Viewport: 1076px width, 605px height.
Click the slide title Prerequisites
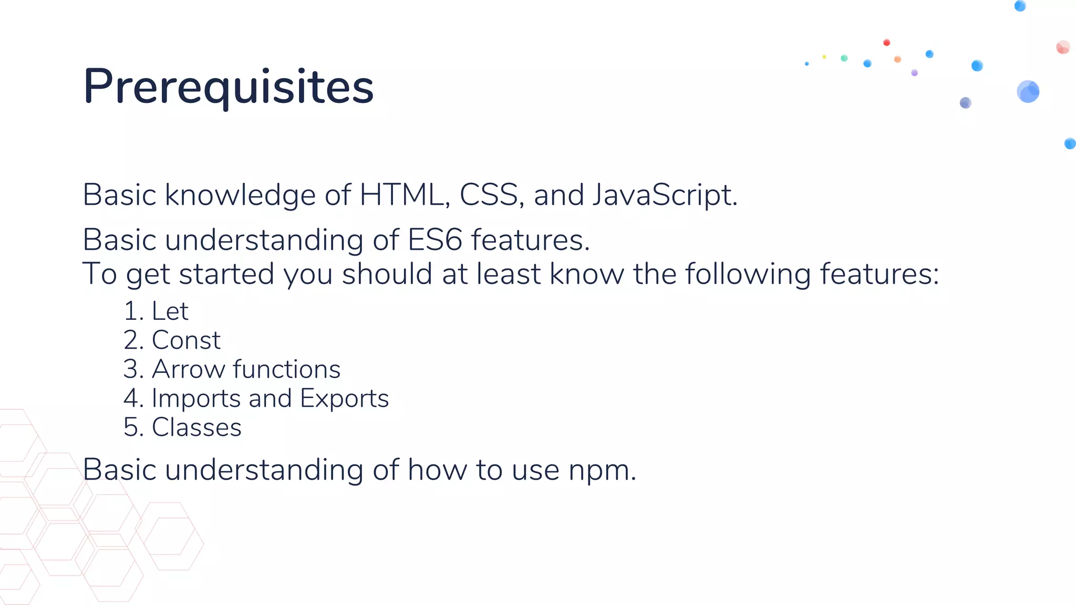pyautogui.click(x=228, y=87)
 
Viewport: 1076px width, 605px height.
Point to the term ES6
pyautogui.click(x=434, y=240)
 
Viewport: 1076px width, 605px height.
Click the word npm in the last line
pyautogui.click(x=601, y=470)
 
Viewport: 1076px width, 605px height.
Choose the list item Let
pyautogui.click(x=170, y=311)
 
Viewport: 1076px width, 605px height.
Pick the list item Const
pyautogui.click(x=186, y=340)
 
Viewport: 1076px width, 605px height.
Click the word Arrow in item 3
pyautogui.click(x=188, y=369)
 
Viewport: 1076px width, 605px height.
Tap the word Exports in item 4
pyautogui.click(x=344, y=398)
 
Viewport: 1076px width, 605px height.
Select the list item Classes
pyautogui.click(x=196, y=427)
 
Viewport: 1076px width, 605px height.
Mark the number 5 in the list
pyautogui.click(x=130, y=427)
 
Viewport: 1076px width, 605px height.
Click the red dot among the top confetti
pyautogui.click(x=886, y=43)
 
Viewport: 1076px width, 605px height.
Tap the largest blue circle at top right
pyautogui.click(x=1028, y=91)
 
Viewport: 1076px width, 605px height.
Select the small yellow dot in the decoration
pyautogui.click(x=824, y=57)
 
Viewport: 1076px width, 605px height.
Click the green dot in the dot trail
pyautogui.click(x=844, y=58)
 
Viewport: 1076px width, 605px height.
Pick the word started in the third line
pyautogui.click(x=226, y=274)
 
